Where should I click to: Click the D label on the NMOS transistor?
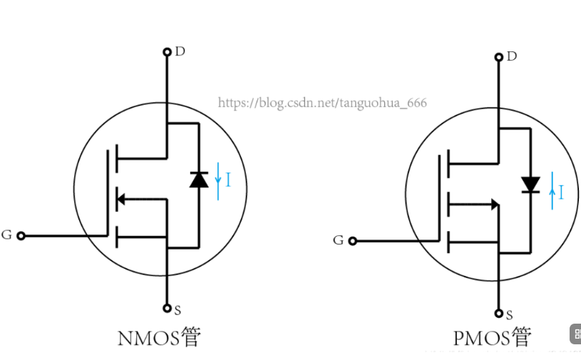(180, 51)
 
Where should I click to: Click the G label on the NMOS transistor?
(6, 235)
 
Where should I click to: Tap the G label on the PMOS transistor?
(339, 240)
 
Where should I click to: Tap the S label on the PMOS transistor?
(509, 314)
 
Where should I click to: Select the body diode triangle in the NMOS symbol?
(199, 180)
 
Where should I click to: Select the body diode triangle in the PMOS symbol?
(530, 185)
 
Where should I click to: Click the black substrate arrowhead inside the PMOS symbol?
(495, 205)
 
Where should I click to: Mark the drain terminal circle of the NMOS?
(167, 51)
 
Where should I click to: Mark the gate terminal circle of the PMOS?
(352, 241)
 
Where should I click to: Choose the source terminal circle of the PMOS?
(498, 314)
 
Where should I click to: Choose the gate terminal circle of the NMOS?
(21, 235)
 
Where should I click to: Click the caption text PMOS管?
(493, 337)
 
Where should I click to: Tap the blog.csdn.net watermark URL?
(322, 103)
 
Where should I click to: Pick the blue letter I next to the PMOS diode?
(562, 192)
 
